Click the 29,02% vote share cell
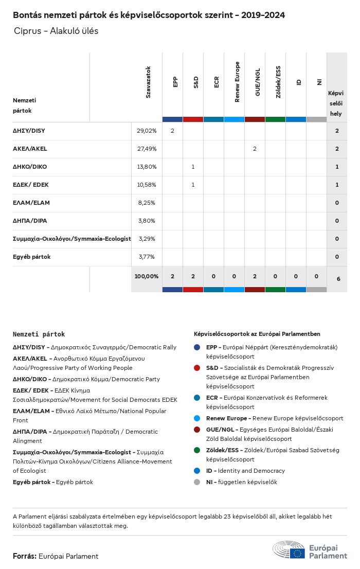147,131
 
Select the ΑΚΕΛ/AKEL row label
30,149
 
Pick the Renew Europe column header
237,82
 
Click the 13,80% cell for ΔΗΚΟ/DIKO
147,167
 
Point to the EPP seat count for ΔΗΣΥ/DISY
172,131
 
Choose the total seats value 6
338,279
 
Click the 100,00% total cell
147,276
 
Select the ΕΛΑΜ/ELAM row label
31,203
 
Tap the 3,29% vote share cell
147,239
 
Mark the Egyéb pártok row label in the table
32,257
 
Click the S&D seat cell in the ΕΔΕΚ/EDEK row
193,185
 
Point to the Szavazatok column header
148,82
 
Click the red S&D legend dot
197,368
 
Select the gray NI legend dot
197,482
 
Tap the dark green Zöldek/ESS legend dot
197,450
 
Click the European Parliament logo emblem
289,550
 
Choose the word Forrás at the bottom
24,556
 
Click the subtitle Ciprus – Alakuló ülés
56,31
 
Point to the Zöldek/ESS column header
278,82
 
